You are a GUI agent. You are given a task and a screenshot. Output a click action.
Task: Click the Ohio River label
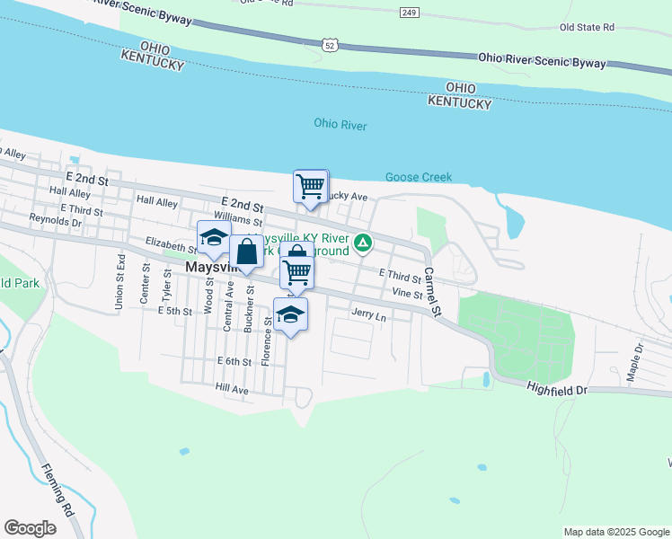[340, 125]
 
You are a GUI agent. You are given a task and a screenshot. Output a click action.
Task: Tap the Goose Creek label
[419, 177]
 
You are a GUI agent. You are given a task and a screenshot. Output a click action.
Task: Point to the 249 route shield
[411, 12]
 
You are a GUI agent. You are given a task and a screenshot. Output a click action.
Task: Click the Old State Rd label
[586, 28]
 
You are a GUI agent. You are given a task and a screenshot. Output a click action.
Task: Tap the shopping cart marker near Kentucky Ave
[310, 187]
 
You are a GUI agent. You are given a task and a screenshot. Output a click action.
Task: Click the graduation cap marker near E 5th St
[289, 315]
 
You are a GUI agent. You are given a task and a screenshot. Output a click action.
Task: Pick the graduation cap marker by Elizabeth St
[214, 238]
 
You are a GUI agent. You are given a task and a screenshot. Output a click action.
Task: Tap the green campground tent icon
[363, 243]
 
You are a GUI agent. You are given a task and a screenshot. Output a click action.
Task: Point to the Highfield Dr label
[556, 390]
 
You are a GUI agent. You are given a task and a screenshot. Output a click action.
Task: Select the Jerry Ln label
[368, 316]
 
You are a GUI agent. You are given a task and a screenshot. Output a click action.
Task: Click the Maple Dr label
[634, 358]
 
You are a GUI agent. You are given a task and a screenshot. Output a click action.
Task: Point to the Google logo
[31, 528]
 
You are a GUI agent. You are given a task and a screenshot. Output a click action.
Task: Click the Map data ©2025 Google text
[615, 532]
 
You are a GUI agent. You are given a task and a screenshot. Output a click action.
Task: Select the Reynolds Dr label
[55, 219]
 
